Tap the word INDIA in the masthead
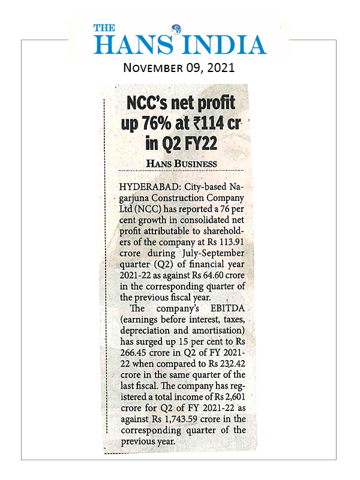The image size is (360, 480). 225,44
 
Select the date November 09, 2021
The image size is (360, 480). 179,67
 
